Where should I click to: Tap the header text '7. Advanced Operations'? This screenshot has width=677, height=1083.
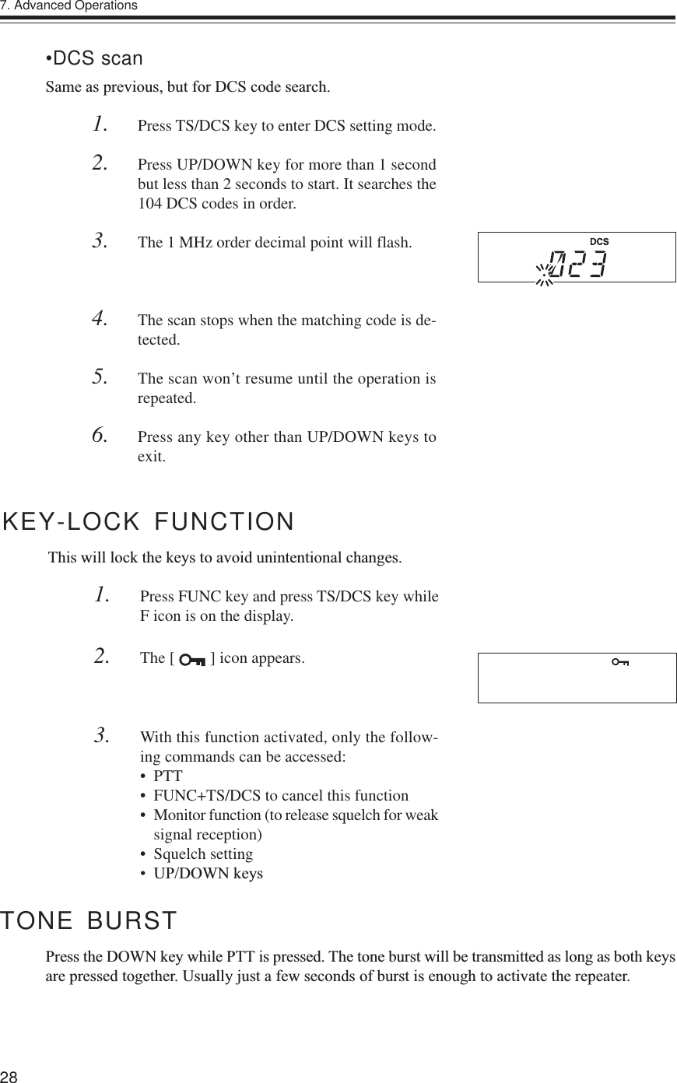[69, 6]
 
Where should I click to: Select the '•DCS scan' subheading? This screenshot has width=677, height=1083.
[94, 59]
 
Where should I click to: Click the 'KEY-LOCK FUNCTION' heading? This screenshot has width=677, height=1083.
[149, 521]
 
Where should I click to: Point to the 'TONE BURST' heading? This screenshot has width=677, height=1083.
[89, 921]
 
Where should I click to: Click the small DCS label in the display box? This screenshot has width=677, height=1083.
[598, 242]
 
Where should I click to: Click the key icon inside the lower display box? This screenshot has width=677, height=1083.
[620, 662]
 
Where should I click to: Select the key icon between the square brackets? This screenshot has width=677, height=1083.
[191, 660]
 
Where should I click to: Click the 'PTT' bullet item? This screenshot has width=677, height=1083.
[168, 776]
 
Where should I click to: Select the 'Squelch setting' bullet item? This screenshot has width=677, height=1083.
[203, 854]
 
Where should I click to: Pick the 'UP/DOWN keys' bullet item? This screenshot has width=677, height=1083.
[208, 874]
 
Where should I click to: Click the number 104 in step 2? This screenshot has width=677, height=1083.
[149, 205]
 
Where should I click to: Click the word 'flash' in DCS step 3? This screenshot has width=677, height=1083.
[394, 242]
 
